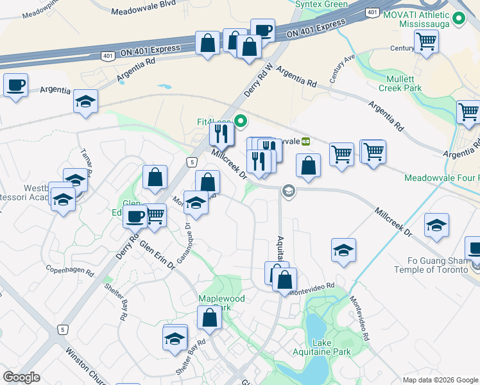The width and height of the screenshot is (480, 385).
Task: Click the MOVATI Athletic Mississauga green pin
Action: pos(459,20)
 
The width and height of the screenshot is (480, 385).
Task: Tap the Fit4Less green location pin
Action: pos(241,121)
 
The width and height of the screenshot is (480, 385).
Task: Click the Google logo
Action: pos(21,377)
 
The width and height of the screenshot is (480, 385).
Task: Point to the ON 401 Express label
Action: pos(316,28)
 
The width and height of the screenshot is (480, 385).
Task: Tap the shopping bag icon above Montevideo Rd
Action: pos(284,279)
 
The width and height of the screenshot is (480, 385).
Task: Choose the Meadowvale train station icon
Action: pos(306,141)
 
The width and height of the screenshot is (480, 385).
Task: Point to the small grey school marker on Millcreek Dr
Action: pos(288,191)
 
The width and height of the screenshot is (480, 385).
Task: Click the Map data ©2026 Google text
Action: pos(439,379)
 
